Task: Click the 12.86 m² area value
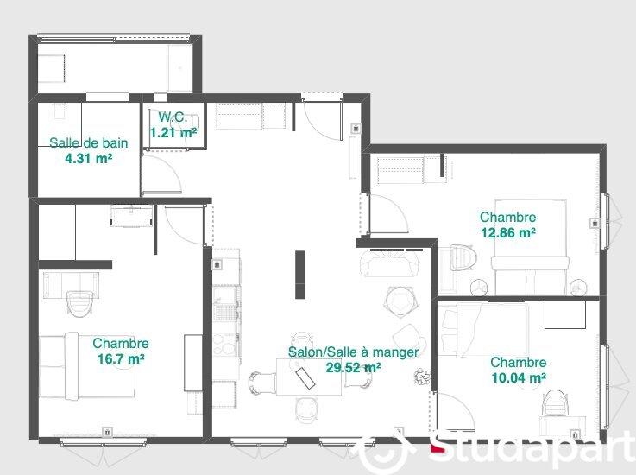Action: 507,232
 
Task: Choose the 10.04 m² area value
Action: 518,377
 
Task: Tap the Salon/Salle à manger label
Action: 353,352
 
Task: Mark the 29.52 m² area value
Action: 353,367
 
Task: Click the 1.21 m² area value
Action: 173,133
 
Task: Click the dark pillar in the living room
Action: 299,275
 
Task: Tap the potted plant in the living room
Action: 422,376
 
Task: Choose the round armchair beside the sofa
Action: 400,300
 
